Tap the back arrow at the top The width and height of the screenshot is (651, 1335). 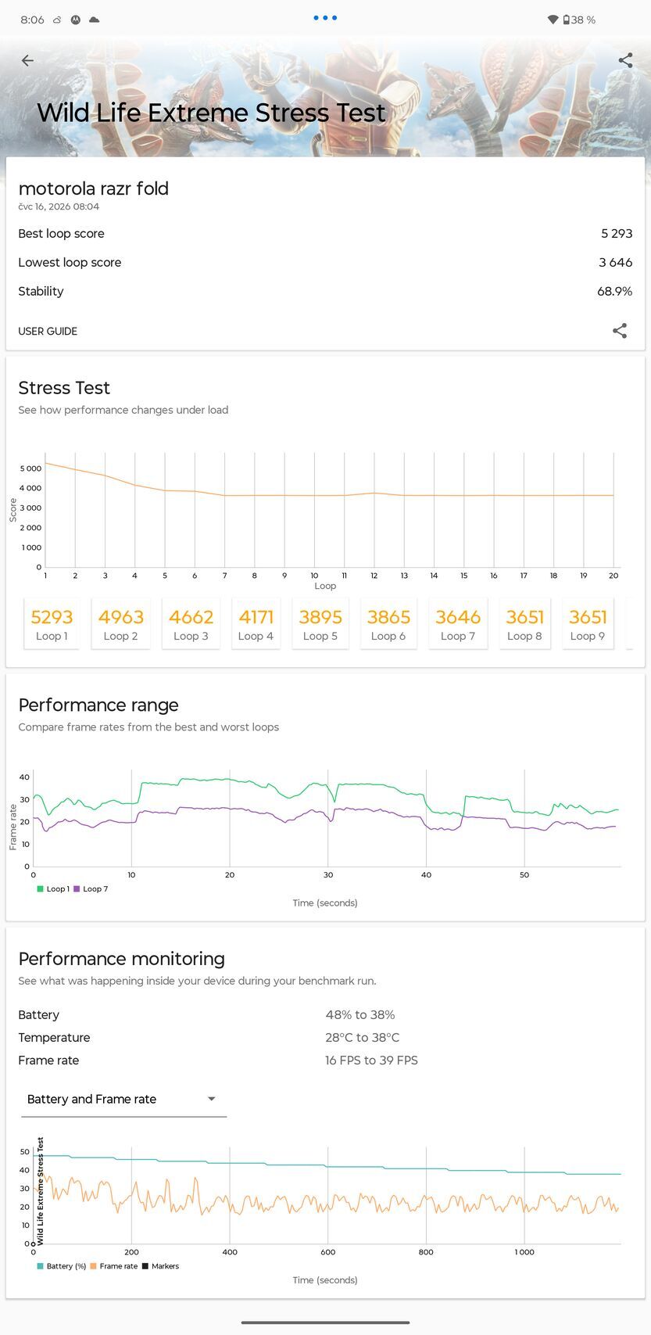pos(27,60)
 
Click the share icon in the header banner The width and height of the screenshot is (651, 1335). pos(625,60)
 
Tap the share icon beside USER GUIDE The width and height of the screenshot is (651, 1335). pos(620,331)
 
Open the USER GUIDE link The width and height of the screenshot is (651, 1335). pos(48,332)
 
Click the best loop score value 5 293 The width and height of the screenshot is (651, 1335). pos(617,234)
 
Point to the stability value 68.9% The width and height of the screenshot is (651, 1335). pos(615,292)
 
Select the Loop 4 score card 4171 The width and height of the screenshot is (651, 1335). pos(256,623)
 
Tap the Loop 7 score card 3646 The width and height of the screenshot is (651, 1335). pos(457,623)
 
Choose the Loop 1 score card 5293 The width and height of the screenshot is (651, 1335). pos(52,623)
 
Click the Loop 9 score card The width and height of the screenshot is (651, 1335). pos(587,623)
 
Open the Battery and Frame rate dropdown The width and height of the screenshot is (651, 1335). pos(123,1099)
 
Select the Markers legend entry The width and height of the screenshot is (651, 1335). pos(161,1266)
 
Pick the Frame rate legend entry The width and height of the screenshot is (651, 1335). pos(114,1266)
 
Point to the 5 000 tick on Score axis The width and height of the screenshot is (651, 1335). pos(31,468)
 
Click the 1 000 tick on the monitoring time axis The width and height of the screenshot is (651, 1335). pos(524,1251)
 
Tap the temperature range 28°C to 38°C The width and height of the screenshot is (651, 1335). pos(362,1038)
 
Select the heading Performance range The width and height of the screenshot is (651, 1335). pos(98,705)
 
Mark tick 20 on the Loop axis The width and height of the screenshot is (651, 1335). pos(613,576)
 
